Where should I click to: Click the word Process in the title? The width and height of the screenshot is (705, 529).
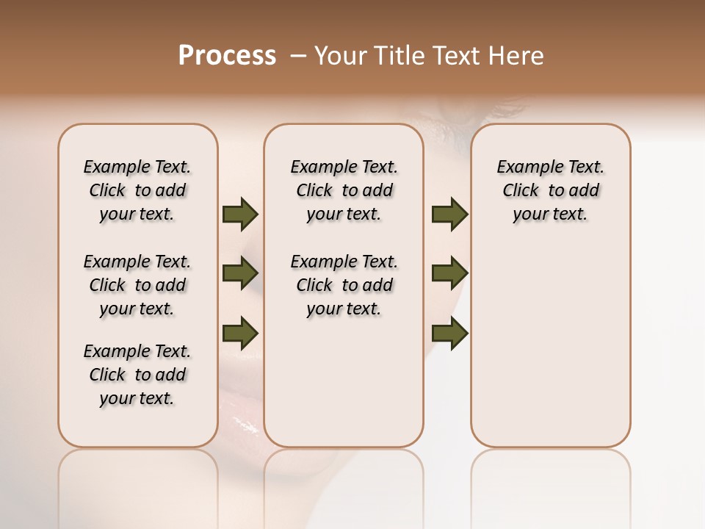[x=227, y=56]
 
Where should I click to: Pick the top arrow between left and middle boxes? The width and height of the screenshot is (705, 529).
[x=240, y=215]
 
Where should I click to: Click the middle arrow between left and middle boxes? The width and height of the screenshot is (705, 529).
[x=240, y=274]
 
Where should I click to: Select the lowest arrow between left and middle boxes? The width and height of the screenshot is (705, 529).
[x=240, y=333]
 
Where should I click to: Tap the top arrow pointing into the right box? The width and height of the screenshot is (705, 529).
[x=449, y=215]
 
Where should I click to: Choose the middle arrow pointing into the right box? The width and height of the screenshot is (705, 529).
[x=449, y=273]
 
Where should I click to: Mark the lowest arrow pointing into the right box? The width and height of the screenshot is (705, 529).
[x=449, y=333]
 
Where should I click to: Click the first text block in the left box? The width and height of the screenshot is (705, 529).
[x=137, y=190]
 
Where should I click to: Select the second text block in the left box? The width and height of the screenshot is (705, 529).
[x=137, y=285]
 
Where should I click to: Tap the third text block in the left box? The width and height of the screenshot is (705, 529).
[x=137, y=375]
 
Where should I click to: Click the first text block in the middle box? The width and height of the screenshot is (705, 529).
[x=344, y=190]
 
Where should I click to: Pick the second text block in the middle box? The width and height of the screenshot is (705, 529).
[x=344, y=285]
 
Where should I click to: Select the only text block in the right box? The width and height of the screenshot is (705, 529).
[x=550, y=190]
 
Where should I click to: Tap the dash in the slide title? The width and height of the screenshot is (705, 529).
[x=297, y=57]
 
